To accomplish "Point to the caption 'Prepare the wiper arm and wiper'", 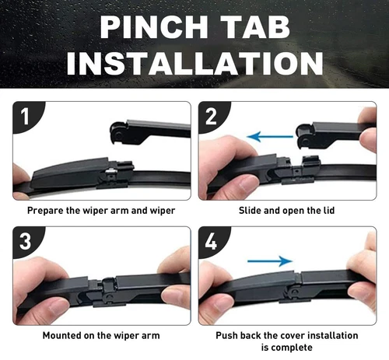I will coord(101,210).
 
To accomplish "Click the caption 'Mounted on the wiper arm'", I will coord(101,336).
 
